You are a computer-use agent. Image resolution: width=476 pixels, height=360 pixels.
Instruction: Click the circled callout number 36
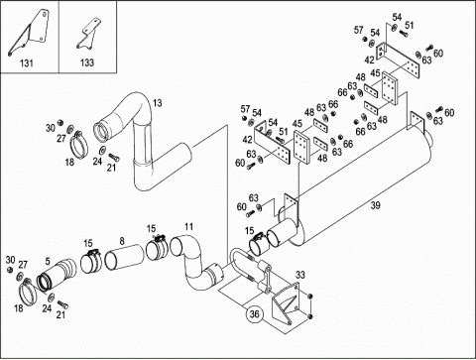pyautogui.click(x=254, y=313)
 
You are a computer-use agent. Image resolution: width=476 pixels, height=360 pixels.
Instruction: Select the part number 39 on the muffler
pyautogui.click(x=375, y=205)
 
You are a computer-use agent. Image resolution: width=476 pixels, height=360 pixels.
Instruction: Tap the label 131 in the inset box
pyautogui.click(x=27, y=62)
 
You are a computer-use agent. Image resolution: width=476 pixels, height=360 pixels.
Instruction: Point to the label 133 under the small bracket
pyautogui.click(x=87, y=62)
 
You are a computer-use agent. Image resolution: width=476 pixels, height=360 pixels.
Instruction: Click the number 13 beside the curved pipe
pyautogui.click(x=158, y=103)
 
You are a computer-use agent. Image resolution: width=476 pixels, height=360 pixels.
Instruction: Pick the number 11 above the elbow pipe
pyautogui.click(x=188, y=227)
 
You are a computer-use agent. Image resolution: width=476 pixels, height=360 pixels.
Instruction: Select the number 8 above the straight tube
pyautogui.click(x=122, y=241)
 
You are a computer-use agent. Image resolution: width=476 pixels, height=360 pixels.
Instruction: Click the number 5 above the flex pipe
pyautogui.click(x=48, y=262)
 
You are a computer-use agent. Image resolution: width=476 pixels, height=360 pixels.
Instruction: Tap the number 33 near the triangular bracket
pyautogui.click(x=300, y=275)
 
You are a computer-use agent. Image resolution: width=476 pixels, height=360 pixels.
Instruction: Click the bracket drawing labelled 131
pyautogui.click(x=37, y=32)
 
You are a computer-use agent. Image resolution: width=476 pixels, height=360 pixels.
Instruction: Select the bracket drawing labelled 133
pyautogui.click(x=88, y=35)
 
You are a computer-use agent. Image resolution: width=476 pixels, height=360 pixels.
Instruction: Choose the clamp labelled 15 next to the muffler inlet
pyautogui.click(x=259, y=244)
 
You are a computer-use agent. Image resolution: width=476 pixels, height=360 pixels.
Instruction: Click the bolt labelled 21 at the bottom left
pyautogui.click(x=62, y=304)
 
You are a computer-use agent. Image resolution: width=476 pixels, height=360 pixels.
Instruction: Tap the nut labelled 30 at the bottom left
pyautogui.click(x=10, y=270)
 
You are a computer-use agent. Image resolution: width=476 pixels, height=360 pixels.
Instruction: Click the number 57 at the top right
pyautogui.click(x=359, y=30)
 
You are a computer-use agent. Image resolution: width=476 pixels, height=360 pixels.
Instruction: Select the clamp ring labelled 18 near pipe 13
pyautogui.click(x=79, y=145)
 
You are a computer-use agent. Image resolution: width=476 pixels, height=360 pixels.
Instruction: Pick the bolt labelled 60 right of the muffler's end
pyautogui.click(x=439, y=108)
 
